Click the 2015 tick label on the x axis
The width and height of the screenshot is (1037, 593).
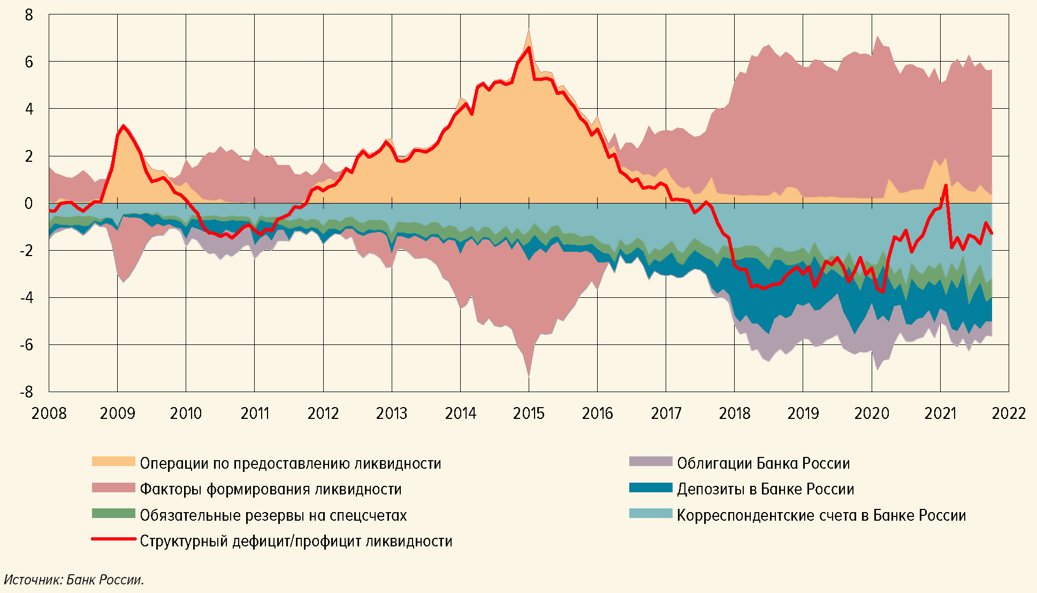[529, 414]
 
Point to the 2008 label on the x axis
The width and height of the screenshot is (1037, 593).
[49, 414]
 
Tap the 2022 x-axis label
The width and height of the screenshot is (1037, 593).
[1009, 414]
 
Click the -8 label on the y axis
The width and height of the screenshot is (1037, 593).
[26, 392]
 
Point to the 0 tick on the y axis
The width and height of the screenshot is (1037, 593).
[29, 204]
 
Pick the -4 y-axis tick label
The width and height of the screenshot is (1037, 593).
[26, 298]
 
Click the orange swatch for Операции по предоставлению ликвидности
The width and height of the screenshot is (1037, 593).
[113, 462]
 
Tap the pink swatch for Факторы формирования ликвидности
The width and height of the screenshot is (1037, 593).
[113, 487]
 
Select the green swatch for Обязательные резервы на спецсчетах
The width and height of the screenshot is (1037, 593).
[113, 514]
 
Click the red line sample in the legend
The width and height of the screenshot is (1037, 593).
[113, 539]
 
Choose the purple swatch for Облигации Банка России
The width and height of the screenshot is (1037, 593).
[650, 462]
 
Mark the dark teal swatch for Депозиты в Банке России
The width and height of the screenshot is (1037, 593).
[650, 487]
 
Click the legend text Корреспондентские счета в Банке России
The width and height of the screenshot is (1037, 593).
[821, 515]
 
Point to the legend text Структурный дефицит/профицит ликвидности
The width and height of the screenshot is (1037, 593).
[296, 541]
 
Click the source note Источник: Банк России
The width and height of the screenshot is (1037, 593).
[74, 580]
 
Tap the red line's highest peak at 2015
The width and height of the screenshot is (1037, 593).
[529, 48]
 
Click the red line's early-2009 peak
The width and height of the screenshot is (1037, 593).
[124, 126]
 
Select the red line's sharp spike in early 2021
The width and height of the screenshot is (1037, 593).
[946, 185]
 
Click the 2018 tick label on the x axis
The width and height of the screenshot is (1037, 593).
[734, 414]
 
